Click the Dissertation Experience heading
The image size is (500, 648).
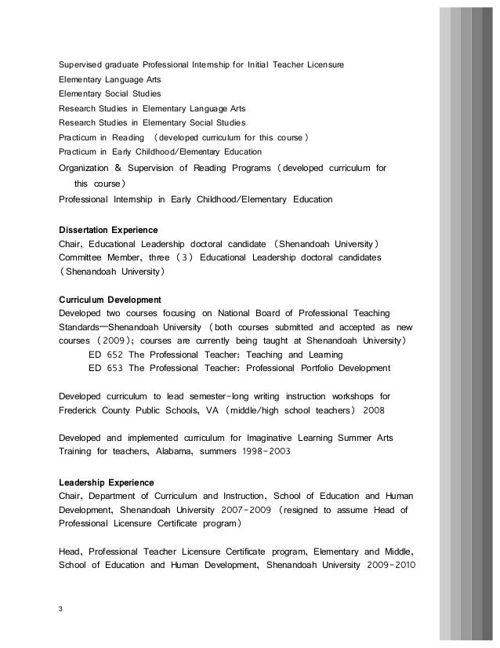(108, 230)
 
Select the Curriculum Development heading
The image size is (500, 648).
(111, 300)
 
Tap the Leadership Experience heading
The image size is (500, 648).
(107, 481)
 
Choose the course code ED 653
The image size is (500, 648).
(106, 369)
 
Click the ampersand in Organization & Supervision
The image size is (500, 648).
(118, 167)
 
